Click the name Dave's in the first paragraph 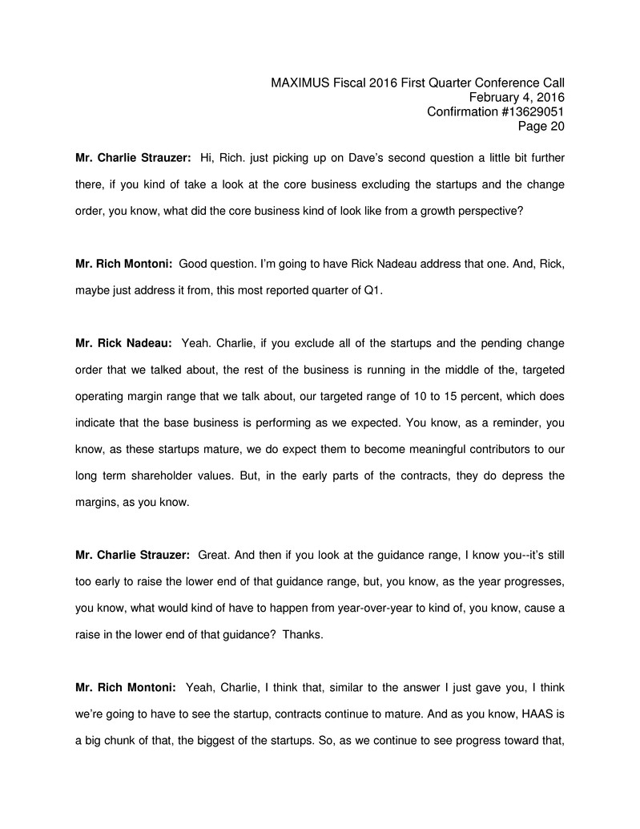[329, 160]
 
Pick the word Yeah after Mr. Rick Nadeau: [196, 343]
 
